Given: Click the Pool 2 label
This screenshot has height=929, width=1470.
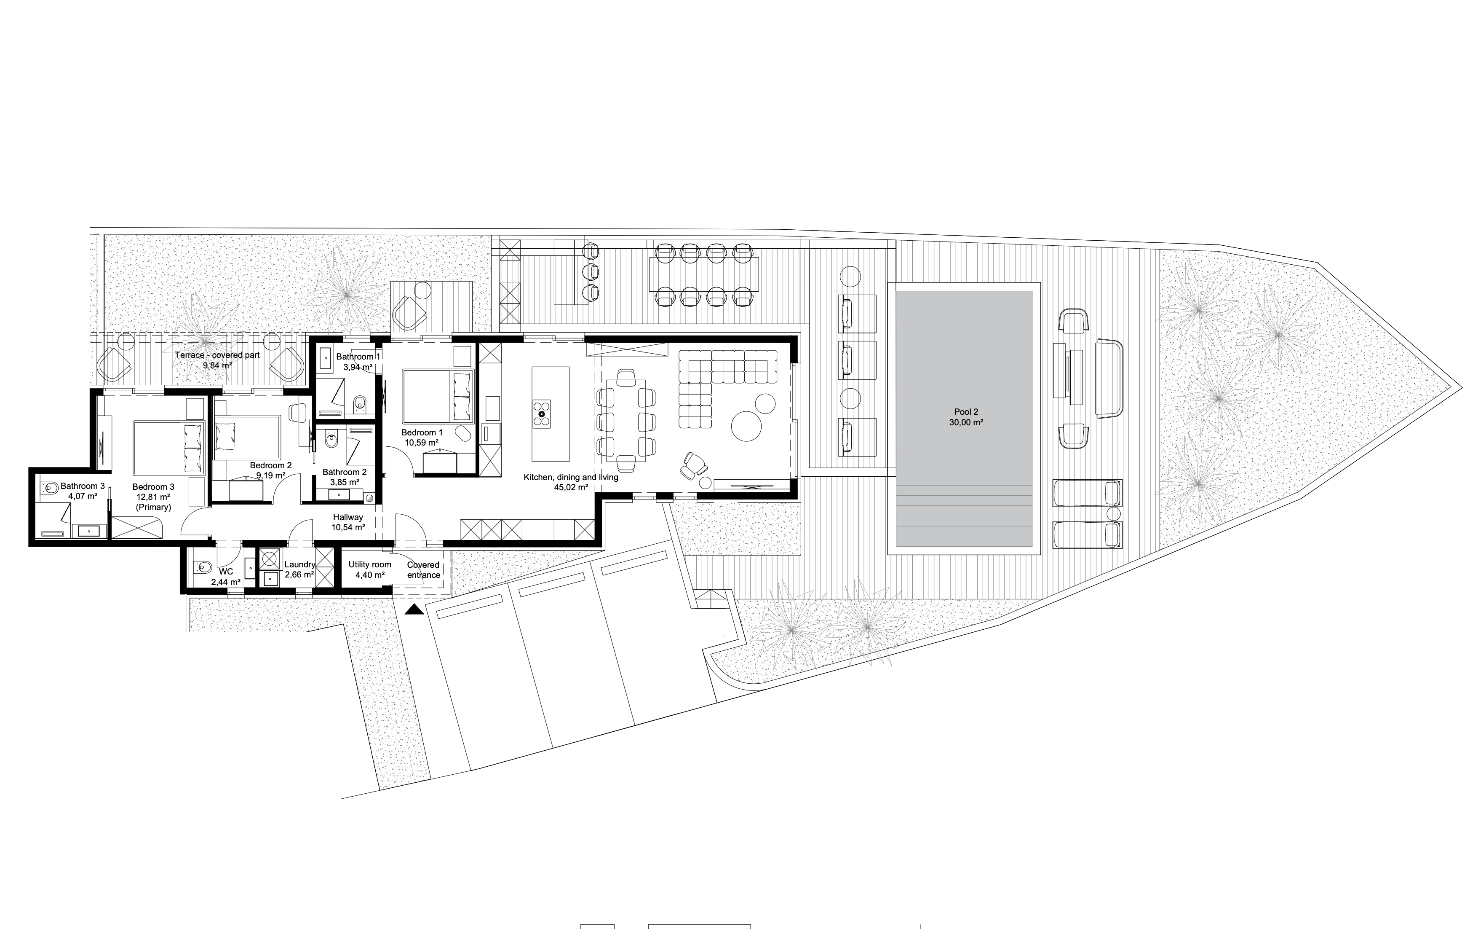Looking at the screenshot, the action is point(966,412).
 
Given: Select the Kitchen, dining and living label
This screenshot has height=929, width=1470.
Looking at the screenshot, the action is point(571,477).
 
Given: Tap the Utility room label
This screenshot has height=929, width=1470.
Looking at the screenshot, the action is point(370,564).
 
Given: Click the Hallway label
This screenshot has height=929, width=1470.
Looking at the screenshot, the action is point(348,517).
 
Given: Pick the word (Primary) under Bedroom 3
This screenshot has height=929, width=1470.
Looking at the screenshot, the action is point(153,507).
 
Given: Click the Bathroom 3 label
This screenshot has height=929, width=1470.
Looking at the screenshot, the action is point(83,486).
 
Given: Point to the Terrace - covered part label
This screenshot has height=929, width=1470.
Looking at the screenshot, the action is point(217,355).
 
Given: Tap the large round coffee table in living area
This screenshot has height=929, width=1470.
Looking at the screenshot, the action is point(747,426).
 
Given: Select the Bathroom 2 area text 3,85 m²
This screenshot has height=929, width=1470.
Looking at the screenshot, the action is point(344,482).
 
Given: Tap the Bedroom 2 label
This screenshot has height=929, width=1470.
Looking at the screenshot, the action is point(271,465).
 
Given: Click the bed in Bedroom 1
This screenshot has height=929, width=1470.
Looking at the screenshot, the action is point(438,396).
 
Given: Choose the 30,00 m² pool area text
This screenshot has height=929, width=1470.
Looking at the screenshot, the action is point(966,422).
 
